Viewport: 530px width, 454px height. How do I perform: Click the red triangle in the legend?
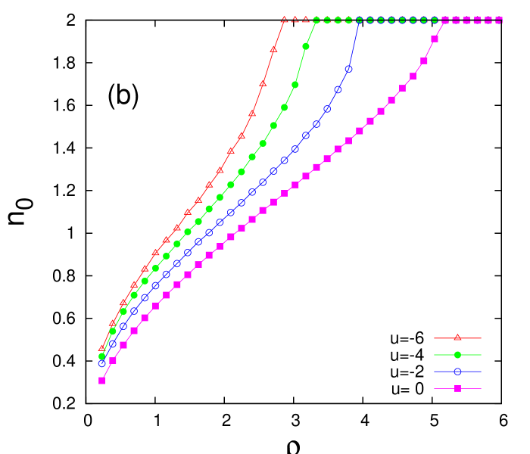tap(457, 337)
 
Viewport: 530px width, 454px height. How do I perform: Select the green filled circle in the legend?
tap(457, 354)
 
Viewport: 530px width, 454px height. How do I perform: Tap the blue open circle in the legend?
tap(457, 372)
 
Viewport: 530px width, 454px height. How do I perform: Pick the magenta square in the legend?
tap(457, 388)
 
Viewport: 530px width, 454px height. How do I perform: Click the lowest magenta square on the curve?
tap(101, 381)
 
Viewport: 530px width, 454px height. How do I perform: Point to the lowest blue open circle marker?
tap(101, 363)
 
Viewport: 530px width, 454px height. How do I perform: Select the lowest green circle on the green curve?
tap(101, 356)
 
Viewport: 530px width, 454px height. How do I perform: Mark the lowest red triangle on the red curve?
tap(101, 348)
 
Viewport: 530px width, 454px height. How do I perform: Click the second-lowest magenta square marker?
tap(112, 361)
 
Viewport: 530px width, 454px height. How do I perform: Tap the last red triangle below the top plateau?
tap(273, 49)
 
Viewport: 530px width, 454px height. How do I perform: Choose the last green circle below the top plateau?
tap(306, 46)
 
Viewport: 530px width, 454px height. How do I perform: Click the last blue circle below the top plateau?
tap(348, 69)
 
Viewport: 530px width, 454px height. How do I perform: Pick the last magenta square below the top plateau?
tap(435, 39)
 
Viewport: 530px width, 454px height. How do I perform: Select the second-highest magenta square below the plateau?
tap(424, 61)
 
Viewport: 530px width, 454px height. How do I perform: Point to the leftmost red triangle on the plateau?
tap(284, 20)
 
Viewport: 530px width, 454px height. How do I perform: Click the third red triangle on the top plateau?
tap(306, 20)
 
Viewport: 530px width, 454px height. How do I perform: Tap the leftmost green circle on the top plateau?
tap(316, 20)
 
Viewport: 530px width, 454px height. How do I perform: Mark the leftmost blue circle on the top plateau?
tap(360, 20)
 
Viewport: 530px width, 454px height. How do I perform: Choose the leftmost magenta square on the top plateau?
tap(445, 20)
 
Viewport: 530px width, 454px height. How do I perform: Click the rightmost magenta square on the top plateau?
tap(499, 20)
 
